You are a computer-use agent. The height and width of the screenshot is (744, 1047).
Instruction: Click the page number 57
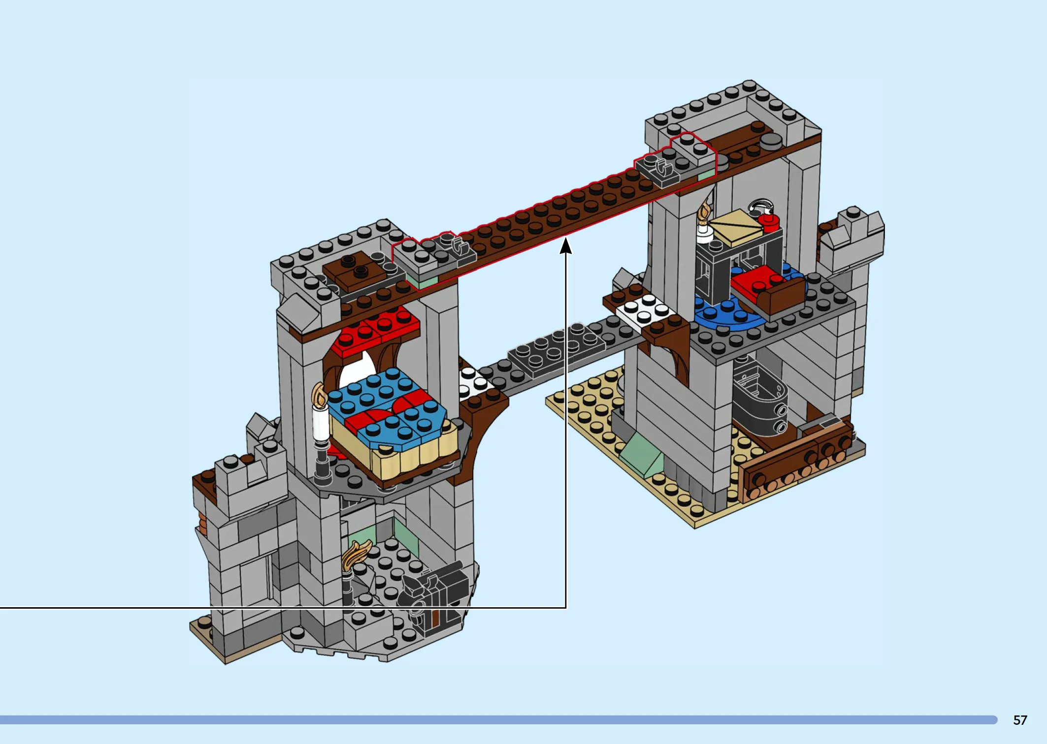pyautogui.click(x=1020, y=720)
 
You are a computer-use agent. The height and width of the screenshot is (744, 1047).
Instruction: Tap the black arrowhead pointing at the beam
pyautogui.click(x=566, y=246)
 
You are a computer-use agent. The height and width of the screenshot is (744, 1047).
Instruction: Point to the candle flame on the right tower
pyautogui.click(x=705, y=213)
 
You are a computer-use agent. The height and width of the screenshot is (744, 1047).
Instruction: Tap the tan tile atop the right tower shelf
pyautogui.click(x=736, y=228)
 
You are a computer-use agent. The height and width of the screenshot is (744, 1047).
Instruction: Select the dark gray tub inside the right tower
pyautogui.click(x=758, y=399)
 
